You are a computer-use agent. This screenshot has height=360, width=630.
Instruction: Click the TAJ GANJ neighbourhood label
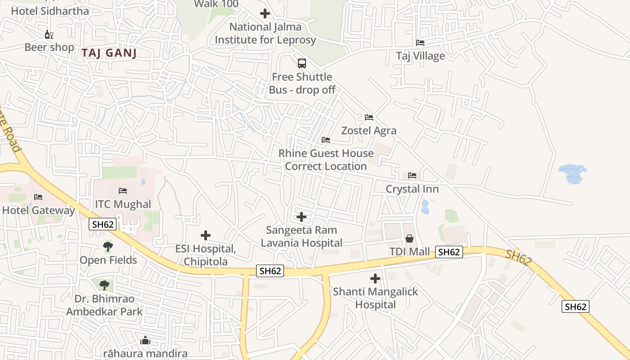tap(109, 53)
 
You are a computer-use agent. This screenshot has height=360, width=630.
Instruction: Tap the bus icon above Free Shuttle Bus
tap(302, 63)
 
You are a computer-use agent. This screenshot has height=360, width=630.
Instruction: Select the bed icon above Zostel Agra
tap(369, 117)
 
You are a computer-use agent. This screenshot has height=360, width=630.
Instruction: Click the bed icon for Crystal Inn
tap(412, 175)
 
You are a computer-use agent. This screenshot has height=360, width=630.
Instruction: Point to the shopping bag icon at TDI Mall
tap(409, 238)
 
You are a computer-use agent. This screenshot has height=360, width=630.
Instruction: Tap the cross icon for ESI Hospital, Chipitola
tap(206, 235)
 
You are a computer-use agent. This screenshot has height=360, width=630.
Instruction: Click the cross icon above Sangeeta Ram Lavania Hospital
tap(301, 217)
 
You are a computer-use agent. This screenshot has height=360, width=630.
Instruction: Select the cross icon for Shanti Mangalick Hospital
tap(375, 279)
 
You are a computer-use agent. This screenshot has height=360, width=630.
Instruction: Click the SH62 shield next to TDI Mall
tap(449, 252)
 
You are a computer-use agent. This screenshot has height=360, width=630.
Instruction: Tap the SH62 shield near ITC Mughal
tap(103, 224)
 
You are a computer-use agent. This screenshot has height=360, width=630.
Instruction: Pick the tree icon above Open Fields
tap(108, 246)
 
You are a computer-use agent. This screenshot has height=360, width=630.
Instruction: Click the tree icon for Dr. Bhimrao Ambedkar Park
tap(104, 285)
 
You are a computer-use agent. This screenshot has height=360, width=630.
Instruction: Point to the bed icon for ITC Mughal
tap(123, 191)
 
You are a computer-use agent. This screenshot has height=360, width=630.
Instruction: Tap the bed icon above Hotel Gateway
tap(38, 197)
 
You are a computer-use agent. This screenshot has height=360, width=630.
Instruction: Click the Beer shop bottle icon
tap(49, 34)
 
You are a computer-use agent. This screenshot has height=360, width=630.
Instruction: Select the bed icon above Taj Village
tap(420, 43)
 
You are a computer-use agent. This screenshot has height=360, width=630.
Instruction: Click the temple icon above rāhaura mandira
tap(145, 341)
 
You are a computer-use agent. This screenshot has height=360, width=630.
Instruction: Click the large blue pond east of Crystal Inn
tap(572, 174)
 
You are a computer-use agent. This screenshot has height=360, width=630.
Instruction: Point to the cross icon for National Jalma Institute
tap(265, 13)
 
